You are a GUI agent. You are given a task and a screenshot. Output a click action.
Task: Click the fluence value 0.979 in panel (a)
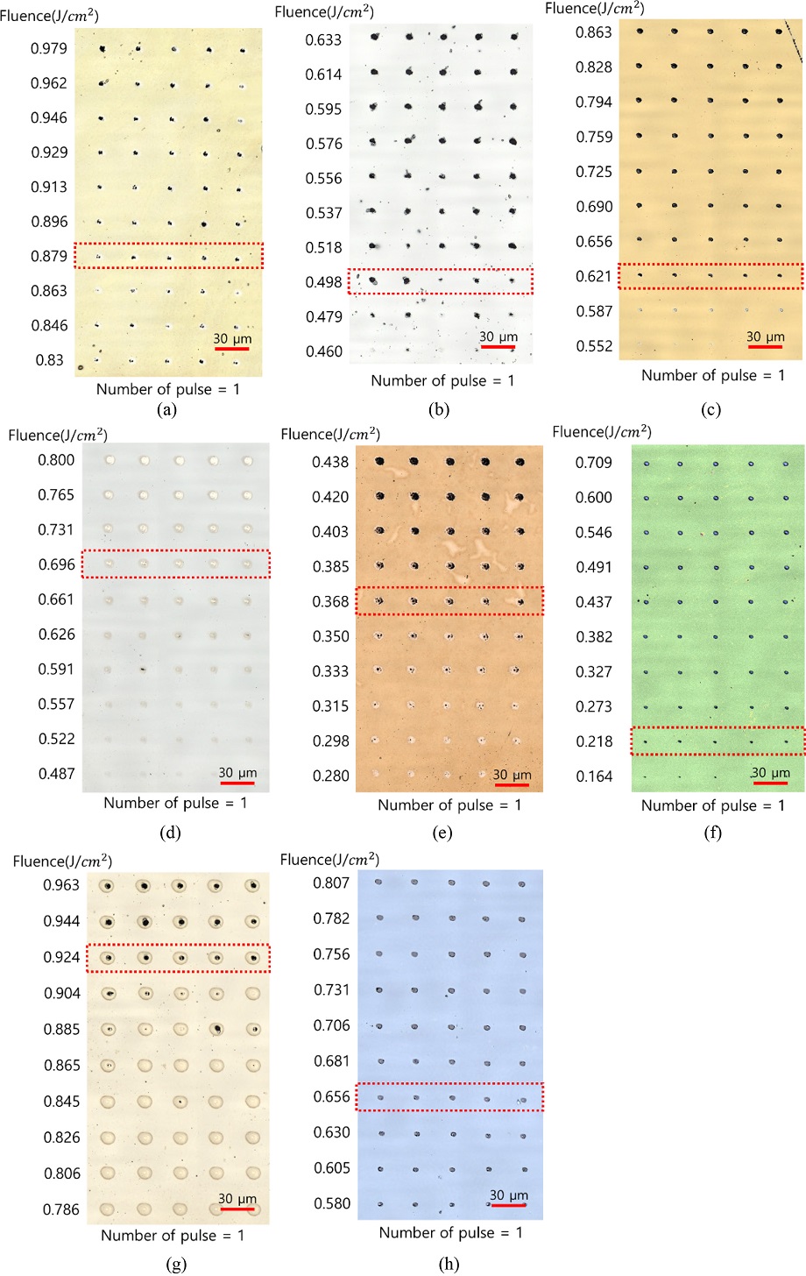pyautogui.click(x=49, y=48)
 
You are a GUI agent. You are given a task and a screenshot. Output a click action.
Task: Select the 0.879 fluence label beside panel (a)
pyautogui.click(x=49, y=256)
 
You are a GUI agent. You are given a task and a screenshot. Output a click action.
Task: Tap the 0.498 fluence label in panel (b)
pyautogui.click(x=324, y=282)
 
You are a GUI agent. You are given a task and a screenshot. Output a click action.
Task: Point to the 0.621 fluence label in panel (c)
pyautogui.click(x=594, y=276)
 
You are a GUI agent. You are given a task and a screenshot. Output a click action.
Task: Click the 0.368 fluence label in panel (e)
pyautogui.click(x=331, y=602)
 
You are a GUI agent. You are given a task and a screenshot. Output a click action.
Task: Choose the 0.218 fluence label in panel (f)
pyautogui.click(x=594, y=741)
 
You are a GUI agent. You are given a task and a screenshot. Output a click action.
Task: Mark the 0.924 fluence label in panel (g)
pyautogui.click(x=61, y=957)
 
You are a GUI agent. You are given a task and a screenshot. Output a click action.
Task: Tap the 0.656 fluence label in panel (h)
pyautogui.click(x=332, y=1096)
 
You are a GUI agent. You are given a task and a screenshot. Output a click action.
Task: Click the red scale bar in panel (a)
pyautogui.click(x=231, y=349)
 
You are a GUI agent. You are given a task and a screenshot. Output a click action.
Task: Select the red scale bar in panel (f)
pyautogui.click(x=771, y=783)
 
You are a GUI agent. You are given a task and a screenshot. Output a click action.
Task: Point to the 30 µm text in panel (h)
pyautogui.click(x=509, y=1195)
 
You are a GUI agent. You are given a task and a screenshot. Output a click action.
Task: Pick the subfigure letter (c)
pyautogui.click(x=709, y=408)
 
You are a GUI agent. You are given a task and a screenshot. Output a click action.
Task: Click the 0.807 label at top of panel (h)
pyautogui.click(x=332, y=883)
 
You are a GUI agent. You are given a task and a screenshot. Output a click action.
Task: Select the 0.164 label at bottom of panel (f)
pyautogui.click(x=594, y=776)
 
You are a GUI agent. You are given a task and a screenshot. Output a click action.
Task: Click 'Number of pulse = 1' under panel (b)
pyautogui.click(x=443, y=380)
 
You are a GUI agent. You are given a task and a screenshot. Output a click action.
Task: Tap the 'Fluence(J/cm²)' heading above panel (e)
pyautogui.click(x=330, y=434)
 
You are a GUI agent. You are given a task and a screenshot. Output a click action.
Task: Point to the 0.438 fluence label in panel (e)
pyautogui.click(x=331, y=462)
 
